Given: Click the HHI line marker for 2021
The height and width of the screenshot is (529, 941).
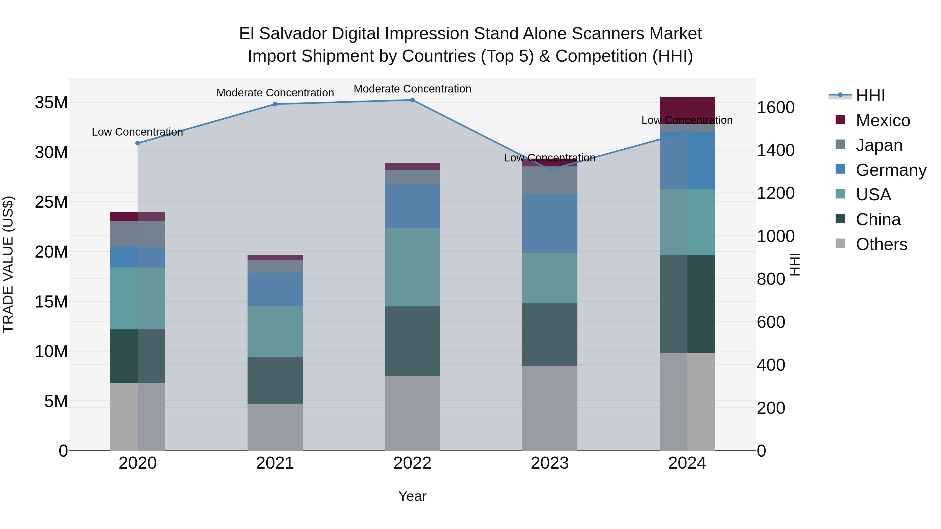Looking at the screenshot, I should pos(275,104).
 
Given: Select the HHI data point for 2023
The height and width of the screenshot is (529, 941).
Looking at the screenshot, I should pos(550,169).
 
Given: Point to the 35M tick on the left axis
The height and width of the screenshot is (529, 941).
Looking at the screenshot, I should pos(51,103).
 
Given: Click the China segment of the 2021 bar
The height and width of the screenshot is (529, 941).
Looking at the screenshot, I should pos(275,380).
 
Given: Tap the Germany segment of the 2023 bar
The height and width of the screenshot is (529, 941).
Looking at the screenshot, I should pos(550,223).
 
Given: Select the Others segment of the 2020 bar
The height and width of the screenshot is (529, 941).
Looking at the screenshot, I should pos(138,417).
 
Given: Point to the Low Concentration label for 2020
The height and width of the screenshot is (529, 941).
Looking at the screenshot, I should pos(137,132).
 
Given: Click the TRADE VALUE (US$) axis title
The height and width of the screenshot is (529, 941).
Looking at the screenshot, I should pos(8,264).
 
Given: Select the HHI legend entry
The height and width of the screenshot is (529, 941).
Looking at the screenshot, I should pos(870,96).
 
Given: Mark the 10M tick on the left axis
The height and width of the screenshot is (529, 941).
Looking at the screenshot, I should pos(51,352).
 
